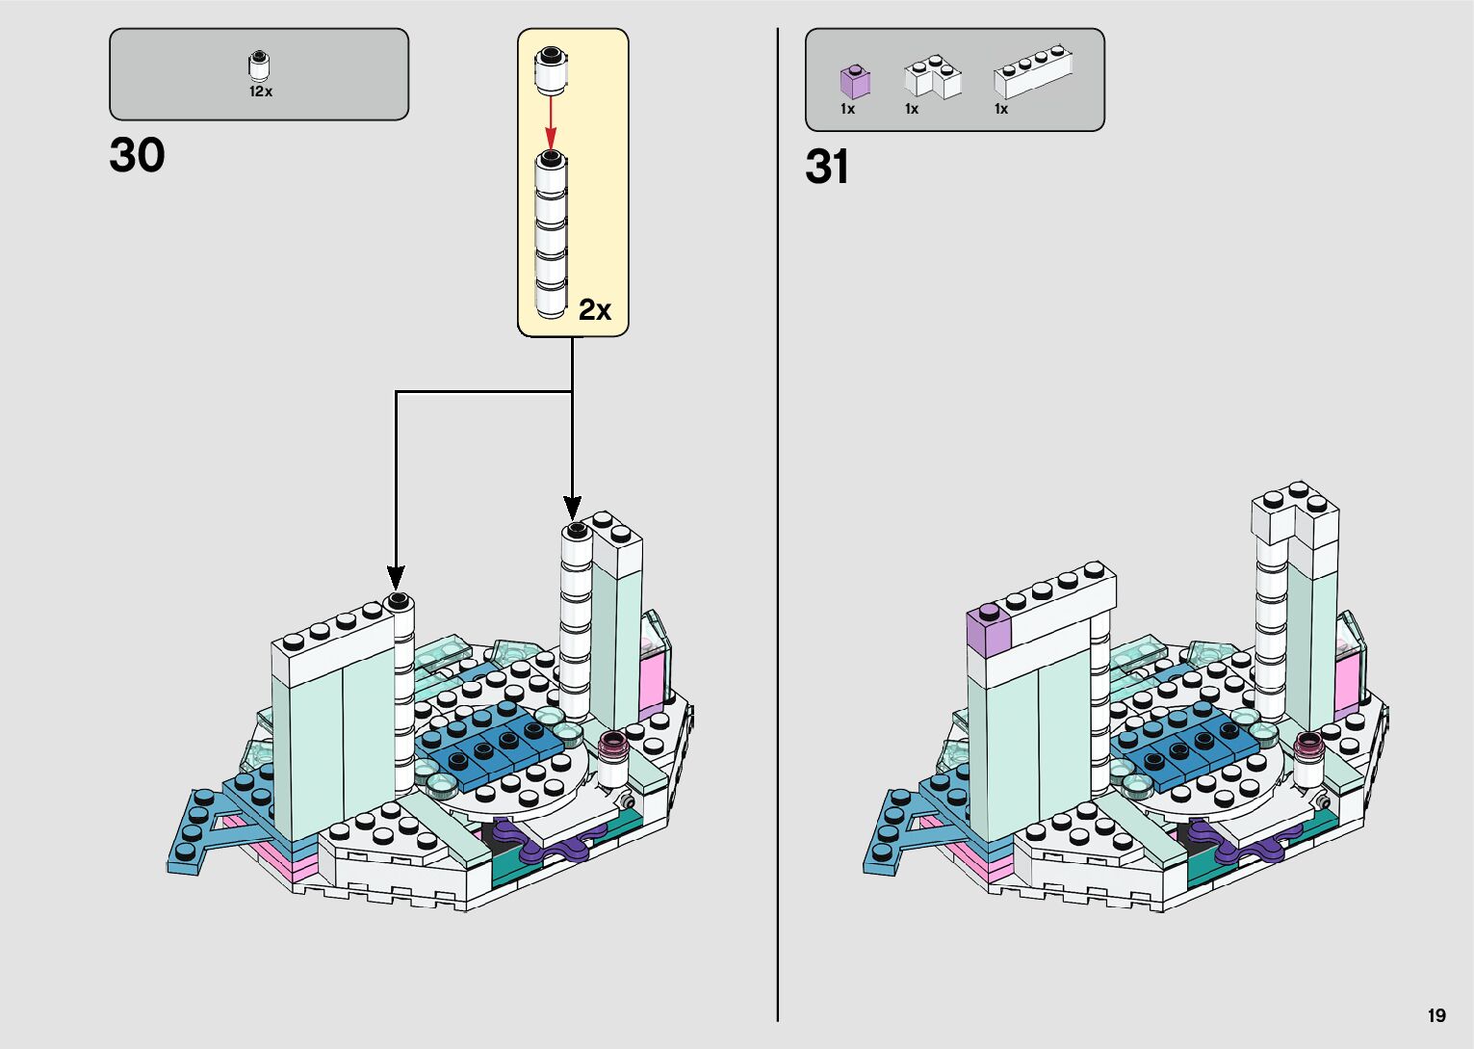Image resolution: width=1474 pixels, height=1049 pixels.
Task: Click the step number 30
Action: pyautogui.click(x=137, y=155)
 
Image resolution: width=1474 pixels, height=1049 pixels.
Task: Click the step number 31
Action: pyautogui.click(x=827, y=167)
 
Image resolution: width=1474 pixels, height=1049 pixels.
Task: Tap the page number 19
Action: pyautogui.click(x=1436, y=1015)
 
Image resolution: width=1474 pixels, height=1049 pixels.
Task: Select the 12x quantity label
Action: pyautogui.click(x=261, y=92)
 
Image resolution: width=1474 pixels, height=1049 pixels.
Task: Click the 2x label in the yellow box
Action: pyautogui.click(x=595, y=309)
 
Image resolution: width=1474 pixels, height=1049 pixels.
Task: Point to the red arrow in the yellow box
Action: pyautogui.click(x=551, y=121)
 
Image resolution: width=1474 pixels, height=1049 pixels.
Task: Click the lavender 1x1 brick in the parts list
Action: pyautogui.click(x=854, y=81)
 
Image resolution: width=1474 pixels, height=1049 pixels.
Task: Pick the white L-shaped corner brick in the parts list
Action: pyautogui.click(x=932, y=77)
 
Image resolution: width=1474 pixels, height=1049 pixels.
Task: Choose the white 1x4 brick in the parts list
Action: pyautogui.click(x=1033, y=71)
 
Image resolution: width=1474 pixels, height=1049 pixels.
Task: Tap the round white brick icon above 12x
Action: pyautogui.click(x=259, y=66)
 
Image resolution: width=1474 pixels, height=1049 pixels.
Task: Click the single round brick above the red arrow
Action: pyautogui.click(x=551, y=70)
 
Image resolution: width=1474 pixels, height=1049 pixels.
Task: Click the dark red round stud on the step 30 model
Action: pyautogui.click(x=612, y=744)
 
